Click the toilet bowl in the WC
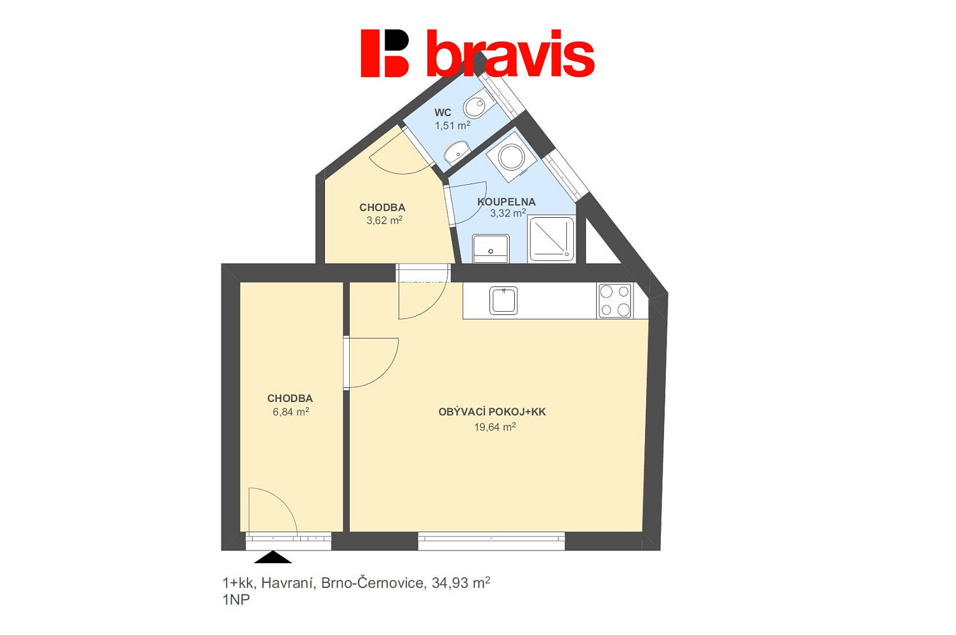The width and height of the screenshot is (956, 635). pyautogui.click(x=479, y=104)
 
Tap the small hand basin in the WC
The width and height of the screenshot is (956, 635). pyautogui.click(x=456, y=153)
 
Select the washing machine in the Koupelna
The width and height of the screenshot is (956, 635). pyautogui.click(x=511, y=157)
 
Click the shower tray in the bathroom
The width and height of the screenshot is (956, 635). pyautogui.click(x=552, y=239)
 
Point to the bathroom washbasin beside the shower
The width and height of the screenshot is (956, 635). pyautogui.click(x=491, y=248)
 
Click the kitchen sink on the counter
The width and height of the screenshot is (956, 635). pyautogui.click(x=503, y=300)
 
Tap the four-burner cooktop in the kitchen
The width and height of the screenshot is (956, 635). pyautogui.click(x=615, y=300)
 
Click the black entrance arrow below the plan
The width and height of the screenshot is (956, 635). pyautogui.click(x=273, y=557)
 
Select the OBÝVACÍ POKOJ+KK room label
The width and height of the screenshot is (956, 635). pyautogui.click(x=492, y=411)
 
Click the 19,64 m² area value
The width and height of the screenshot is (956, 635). pyautogui.click(x=495, y=427)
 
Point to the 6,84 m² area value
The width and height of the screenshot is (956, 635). pyautogui.click(x=291, y=411)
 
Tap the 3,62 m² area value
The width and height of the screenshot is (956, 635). pyautogui.click(x=384, y=220)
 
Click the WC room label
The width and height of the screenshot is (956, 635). pyautogui.click(x=442, y=113)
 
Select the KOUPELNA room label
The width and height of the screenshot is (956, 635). pyautogui.click(x=506, y=201)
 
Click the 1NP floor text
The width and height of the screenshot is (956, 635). pyautogui.click(x=236, y=600)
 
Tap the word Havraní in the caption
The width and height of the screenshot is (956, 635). pyautogui.click(x=288, y=583)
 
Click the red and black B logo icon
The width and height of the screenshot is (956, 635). pyautogui.click(x=385, y=53)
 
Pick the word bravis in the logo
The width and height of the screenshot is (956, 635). pyautogui.click(x=511, y=53)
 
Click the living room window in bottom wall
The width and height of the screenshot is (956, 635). pyautogui.click(x=491, y=541)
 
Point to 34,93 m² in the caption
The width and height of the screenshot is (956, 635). pyautogui.click(x=460, y=582)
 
